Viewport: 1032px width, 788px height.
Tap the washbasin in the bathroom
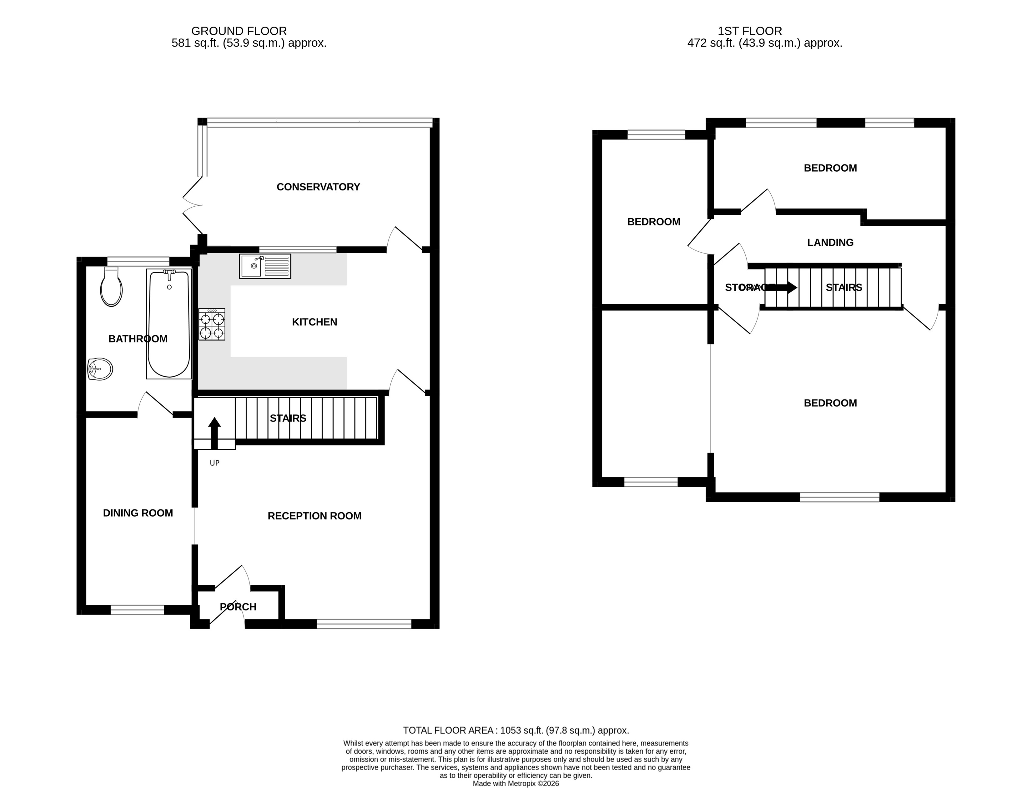coord(100,369)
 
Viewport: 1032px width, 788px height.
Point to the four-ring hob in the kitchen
coord(212,324)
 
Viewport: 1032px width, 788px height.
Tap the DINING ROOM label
coord(138,513)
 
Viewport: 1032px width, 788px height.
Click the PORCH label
coord(238,607)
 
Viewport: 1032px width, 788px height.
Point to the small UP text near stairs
coord(214,463)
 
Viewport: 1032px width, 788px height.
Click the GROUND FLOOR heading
coord(239,31)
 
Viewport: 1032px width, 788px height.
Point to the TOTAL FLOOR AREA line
coord(516,730)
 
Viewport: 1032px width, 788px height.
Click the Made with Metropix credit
coord(516,783)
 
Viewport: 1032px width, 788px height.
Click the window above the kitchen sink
coord(298,250)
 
